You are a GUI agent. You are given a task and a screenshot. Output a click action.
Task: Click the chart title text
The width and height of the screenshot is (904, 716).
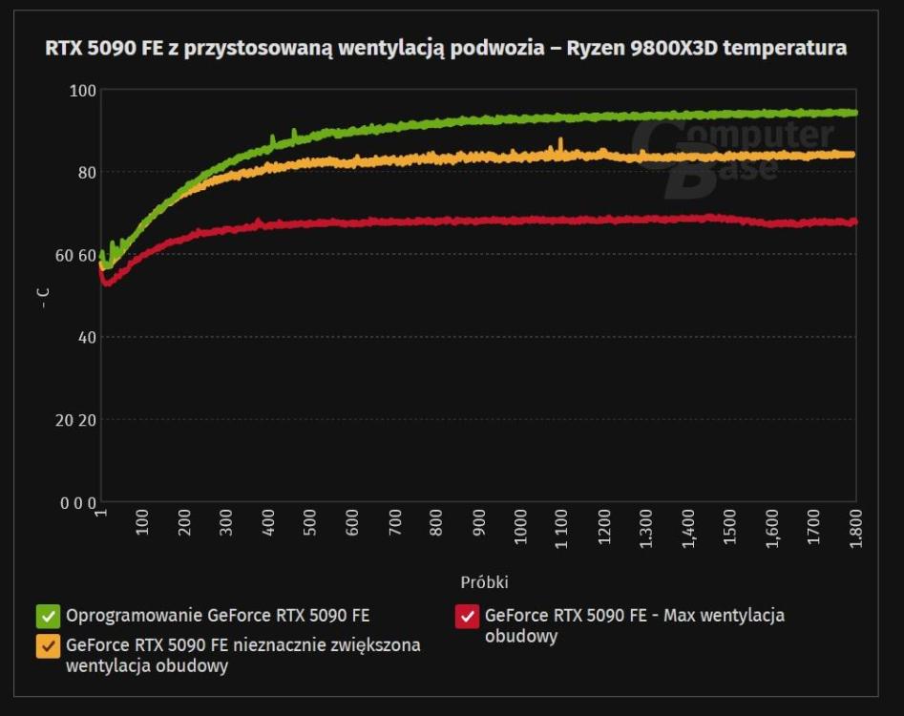coord(446,48)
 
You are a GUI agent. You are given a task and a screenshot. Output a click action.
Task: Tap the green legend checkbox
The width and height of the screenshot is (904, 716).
coord(48,616)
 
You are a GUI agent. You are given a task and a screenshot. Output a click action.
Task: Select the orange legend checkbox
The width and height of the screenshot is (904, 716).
coord(48,646)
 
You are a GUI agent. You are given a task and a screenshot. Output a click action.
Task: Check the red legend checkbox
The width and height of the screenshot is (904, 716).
coord(467,616)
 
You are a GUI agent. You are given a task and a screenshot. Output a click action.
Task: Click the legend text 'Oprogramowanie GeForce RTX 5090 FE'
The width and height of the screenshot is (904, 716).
coord(218,616)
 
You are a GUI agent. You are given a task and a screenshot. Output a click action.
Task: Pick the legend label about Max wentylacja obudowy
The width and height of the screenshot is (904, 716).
coord(634,625)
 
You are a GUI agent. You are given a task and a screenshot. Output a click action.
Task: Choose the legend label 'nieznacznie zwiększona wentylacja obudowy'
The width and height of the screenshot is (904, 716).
coord(242,656)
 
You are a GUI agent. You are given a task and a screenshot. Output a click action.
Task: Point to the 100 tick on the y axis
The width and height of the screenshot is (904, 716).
coord(83,91)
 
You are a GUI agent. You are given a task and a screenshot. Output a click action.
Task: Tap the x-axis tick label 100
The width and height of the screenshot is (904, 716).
coord(142,525)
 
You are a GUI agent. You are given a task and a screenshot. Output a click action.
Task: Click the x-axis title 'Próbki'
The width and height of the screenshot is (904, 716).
coord(484,582)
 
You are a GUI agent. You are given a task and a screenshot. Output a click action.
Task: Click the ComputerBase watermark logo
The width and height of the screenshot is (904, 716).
coord(730,153)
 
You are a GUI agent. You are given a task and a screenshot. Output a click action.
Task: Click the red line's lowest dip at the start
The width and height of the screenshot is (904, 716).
coord(106,284)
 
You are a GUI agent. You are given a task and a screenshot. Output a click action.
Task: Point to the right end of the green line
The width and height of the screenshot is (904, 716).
coord(854,113)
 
